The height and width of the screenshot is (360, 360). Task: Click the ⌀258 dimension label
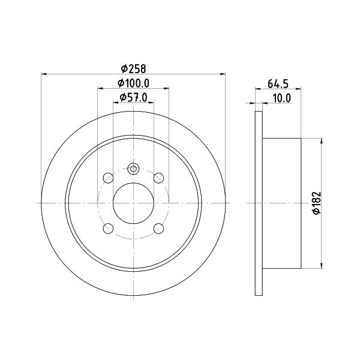pos(133,68)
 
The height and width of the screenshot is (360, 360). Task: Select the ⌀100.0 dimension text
pos(133,83)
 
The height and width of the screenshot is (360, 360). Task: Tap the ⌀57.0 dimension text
pos(133,98)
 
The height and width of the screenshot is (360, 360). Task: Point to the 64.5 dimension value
pos(278,84)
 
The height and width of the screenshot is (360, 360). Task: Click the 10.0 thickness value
pos(282,98)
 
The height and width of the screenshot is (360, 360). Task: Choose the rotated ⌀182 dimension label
pos(317,203)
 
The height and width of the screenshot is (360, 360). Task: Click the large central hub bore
pos(133,203)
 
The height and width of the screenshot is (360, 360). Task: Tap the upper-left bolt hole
pos(108,178)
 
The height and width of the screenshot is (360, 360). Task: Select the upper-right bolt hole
pos(158,178)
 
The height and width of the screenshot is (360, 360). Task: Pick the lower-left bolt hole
pos(108,229)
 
